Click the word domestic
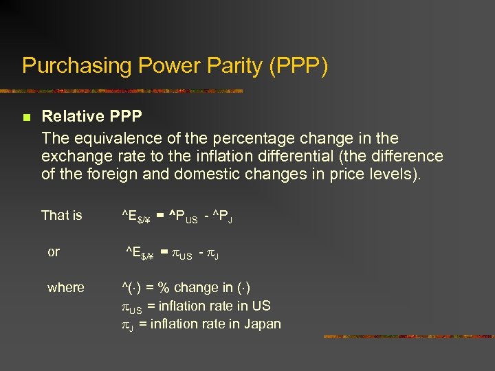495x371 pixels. tap(206, 175)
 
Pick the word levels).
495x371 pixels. tap(394, 175)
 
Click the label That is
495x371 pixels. tap(61, 216)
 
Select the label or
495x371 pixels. tap(54, 252)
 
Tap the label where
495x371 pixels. tap(66, 288)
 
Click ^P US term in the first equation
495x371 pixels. tap(184, 217)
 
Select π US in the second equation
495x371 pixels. tap(182, 254)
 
